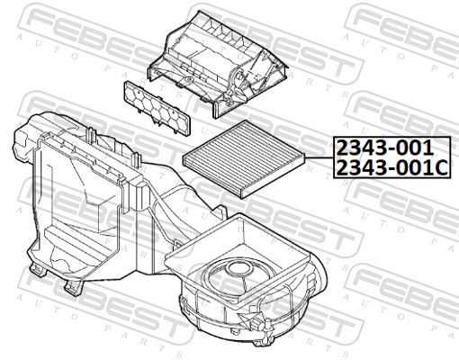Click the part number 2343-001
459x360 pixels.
click(385, 148)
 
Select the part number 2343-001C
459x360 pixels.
click(392, 167)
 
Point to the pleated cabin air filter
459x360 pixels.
click(245, 158)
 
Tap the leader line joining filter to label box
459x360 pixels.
click(319, 157)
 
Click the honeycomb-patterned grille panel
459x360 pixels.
click(157, 108)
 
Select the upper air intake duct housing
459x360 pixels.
click(218, 64)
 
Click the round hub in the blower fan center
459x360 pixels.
click(239, 268)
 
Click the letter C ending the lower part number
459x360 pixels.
click(442, 168)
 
